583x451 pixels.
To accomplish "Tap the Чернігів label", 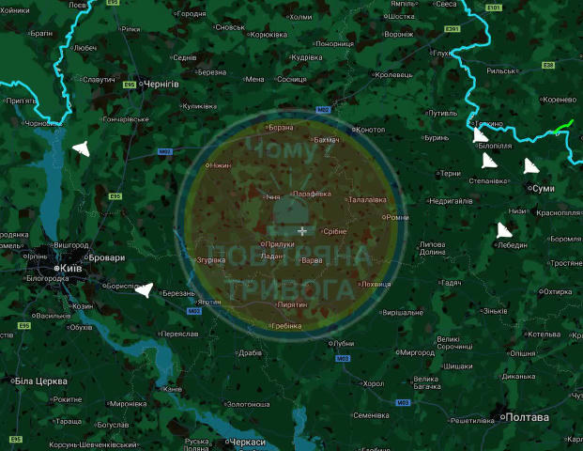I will (160, 84).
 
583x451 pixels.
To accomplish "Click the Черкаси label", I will (246, 442).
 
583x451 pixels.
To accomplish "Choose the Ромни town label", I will (397, 216).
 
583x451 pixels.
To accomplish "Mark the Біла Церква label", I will (38, 381).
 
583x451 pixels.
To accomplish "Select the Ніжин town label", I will (220, 165).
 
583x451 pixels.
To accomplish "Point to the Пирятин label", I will (294, 304).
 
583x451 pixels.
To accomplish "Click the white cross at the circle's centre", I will (302, 230).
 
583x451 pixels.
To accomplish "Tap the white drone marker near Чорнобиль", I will (80, 148).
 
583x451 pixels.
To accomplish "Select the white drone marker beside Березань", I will (143, 289).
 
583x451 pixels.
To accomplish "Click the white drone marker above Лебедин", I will (504, 230).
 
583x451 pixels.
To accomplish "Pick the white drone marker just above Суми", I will (531, 166).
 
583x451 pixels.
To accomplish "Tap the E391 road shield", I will (453, 30).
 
